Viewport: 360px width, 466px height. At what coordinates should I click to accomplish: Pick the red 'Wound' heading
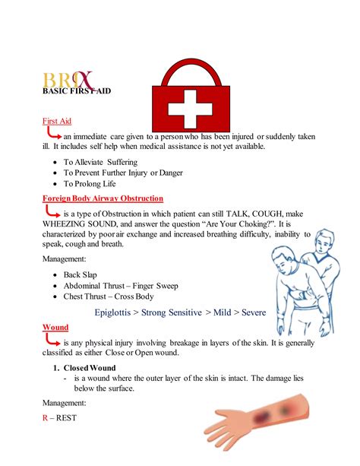pos(55,327)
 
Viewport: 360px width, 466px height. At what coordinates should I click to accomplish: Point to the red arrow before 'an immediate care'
pos(51,135)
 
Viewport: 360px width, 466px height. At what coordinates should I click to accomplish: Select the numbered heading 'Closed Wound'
pos(89,368)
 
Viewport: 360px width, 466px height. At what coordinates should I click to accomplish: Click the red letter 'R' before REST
pos(45,417)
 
